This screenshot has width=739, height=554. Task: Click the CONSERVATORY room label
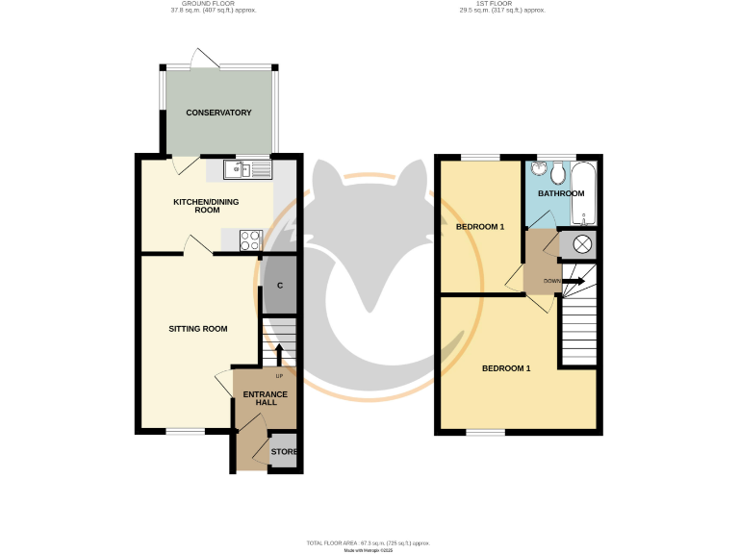click(x=218, y=113)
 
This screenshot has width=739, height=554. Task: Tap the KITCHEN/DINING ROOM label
click(x=206, y=206)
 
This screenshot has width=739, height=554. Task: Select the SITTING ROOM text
click(x=198, y=329)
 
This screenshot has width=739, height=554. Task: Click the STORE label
click(x=284, y=452)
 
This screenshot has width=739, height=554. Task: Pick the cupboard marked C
click(x=280, y=286)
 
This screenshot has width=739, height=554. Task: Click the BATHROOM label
click(x=561, y=193)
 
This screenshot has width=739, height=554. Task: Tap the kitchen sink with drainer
click(x=248, y=170)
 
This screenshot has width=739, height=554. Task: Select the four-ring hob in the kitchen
click(x=250, y=239)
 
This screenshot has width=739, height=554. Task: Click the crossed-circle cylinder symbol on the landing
click(x=582, y=245)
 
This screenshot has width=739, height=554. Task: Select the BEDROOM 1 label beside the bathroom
click(x=479, y=227)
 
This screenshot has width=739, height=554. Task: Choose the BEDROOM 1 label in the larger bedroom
click(x=506, y=368)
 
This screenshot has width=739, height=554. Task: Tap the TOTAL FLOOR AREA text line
click(x=369, y=542)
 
